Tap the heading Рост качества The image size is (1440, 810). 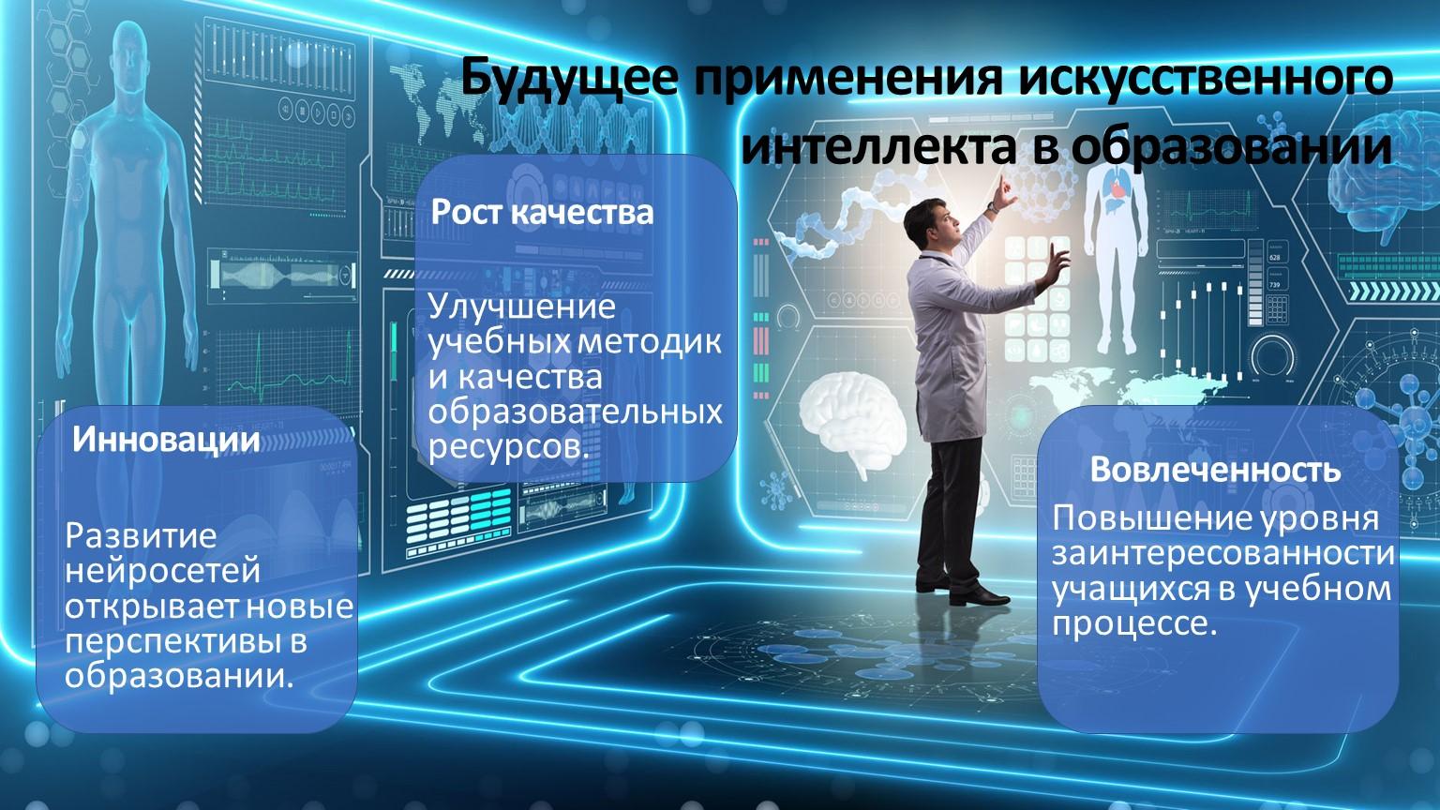click(x=542, y=212)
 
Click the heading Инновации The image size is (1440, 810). click(x=166, y=440)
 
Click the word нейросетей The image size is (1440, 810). click(x=162, y=570)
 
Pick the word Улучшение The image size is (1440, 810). click(x=521, y=307)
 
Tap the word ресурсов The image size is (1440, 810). click(x=509, y=447)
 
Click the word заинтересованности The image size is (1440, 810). click(x=1223, y=553)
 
